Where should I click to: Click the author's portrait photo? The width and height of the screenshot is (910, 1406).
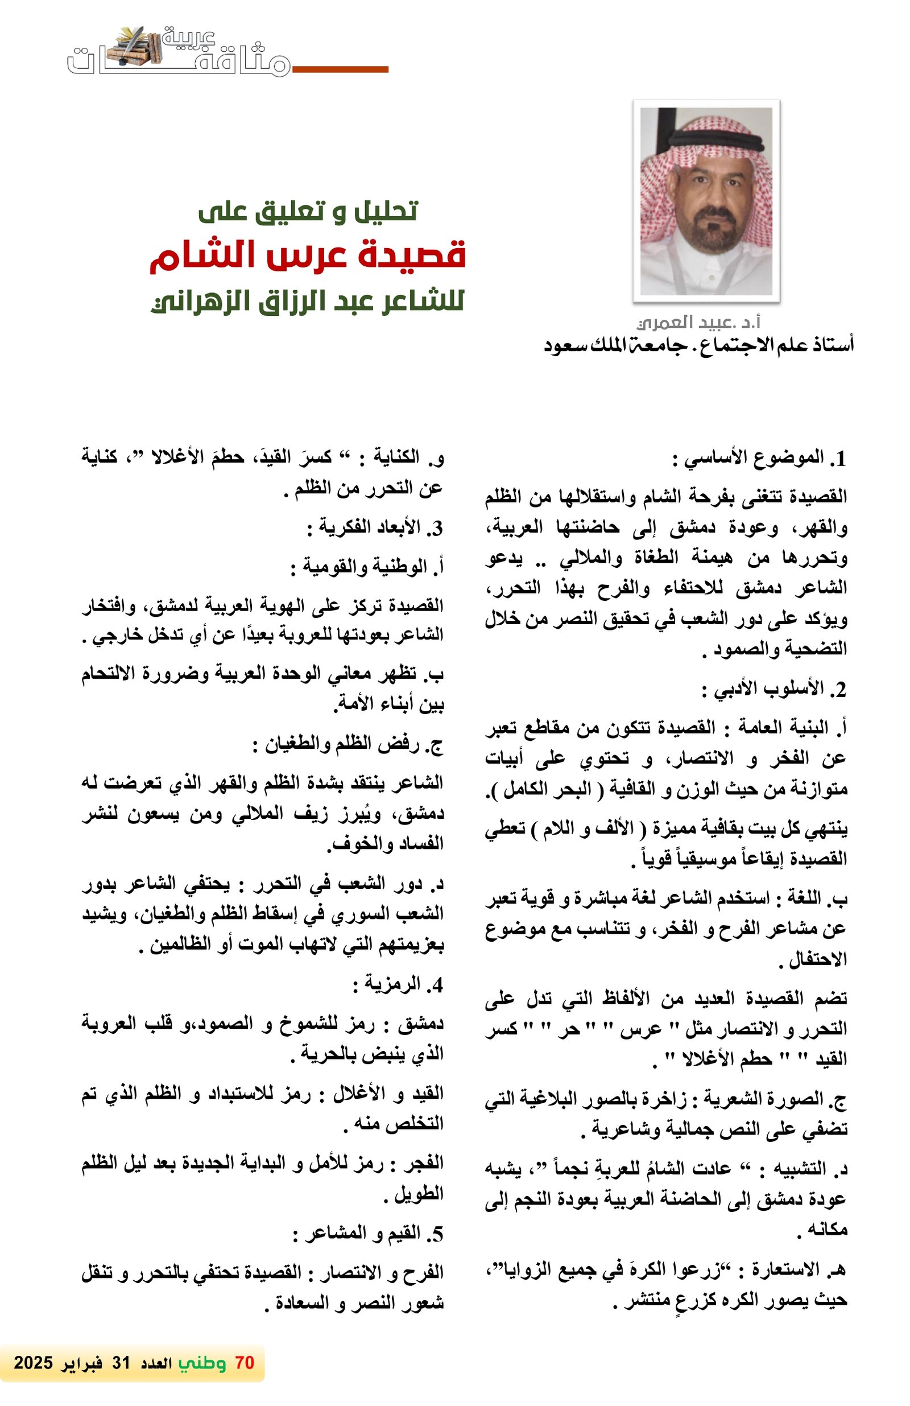(706, 201)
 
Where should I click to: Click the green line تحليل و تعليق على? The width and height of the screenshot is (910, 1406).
(308, 211)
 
